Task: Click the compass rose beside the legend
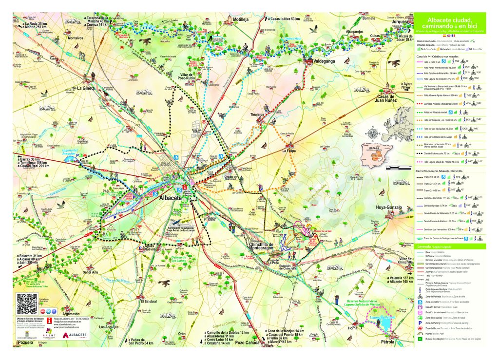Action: tap(373, 133)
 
